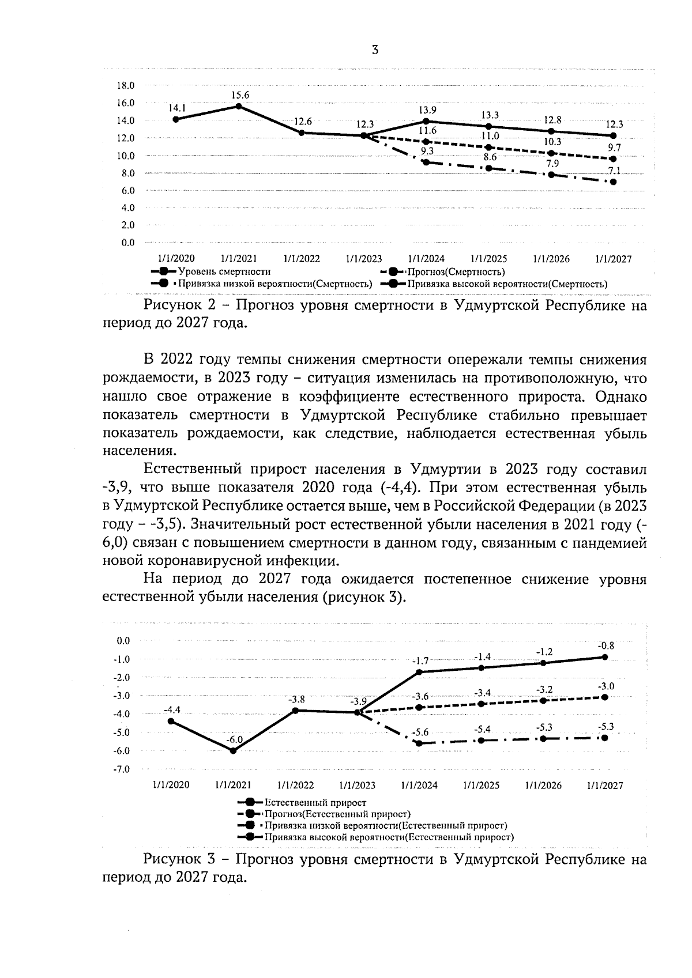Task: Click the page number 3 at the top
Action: click(x=375, y=51)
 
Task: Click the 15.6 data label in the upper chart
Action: click(x=240, y=95)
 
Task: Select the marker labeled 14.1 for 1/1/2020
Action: click(x=176, y=119)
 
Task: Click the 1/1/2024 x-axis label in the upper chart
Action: click(x=426, y=259)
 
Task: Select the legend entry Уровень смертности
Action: click(x=224, y=271)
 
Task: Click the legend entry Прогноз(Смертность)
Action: click(x=456, y=271)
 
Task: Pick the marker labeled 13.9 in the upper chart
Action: click(x=426, y=121)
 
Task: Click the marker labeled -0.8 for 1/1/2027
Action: click(x=605, y=657)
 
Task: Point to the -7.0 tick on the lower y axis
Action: click(x=123, y=769)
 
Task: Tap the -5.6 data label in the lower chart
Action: click(x=420, y=732)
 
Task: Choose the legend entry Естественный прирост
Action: click(x=315, y=802)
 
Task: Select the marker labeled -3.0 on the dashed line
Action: click(x=605, y=697)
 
